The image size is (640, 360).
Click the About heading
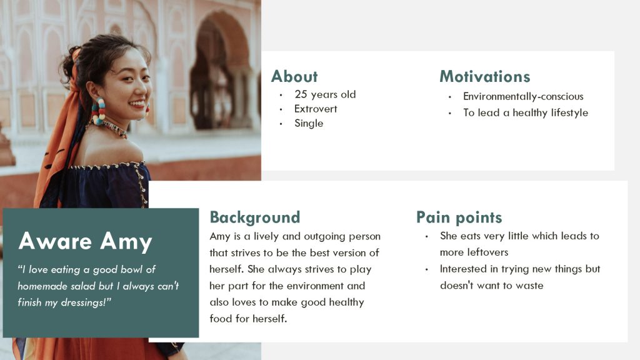294,76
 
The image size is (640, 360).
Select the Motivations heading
485,76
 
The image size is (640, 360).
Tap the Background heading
255,217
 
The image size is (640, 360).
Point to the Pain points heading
459,217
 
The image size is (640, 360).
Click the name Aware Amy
85,241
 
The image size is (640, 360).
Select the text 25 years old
325,94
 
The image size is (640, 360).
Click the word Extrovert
316,109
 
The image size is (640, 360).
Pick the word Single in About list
309,123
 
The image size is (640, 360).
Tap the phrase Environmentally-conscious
523,96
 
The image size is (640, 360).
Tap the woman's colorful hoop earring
98,111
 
